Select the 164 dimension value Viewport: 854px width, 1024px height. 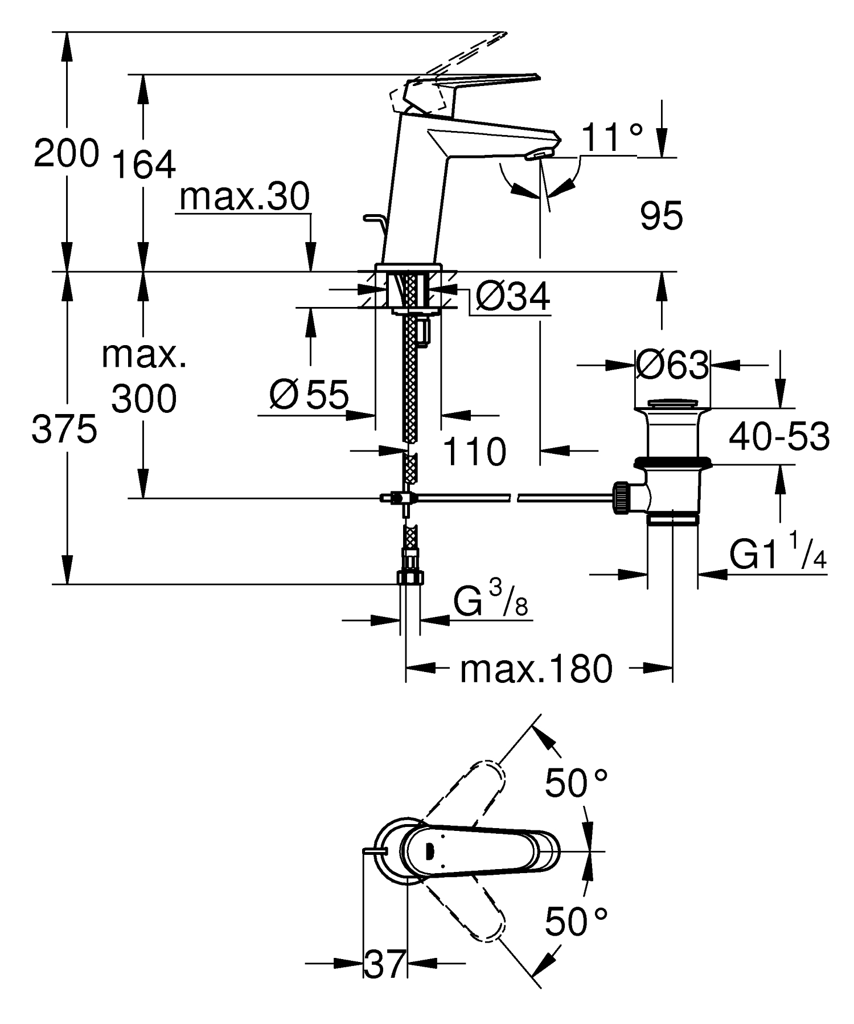pyautogui.click(x=143, y=165)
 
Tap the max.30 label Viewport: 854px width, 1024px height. pyautogui.click(x=244, y=198)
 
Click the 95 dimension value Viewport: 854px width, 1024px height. pyautogui.click(x=661, y=217)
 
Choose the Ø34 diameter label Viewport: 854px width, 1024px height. pyautogui.click(x=512, y=297)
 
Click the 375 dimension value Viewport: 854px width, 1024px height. pyautogui.click(x=64, y=430)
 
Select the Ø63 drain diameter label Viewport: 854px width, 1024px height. pyautogui.click(x=672, y=365)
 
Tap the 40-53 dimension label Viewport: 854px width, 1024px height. pyautogui.click(x=779, y=437)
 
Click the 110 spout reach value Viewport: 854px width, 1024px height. pyautogui.click(x=474, y=452)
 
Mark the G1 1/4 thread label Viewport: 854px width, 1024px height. pyautogui.click(x=778, y=556)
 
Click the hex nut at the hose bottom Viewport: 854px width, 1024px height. pyautogui.click(x=409, y=578)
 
